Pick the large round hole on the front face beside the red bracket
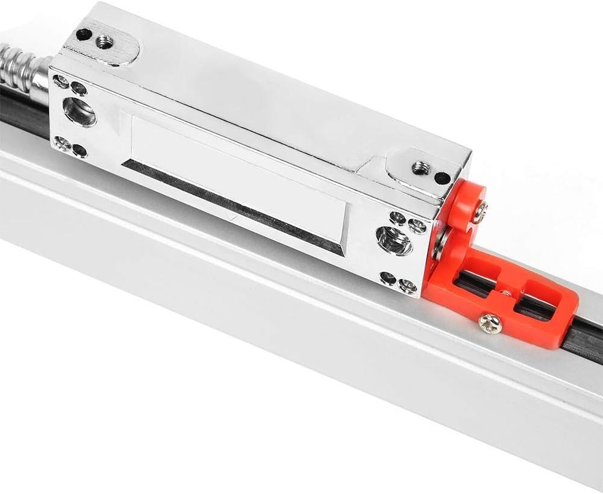pos(395,242)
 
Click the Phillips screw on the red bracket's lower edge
pos(490,323)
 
